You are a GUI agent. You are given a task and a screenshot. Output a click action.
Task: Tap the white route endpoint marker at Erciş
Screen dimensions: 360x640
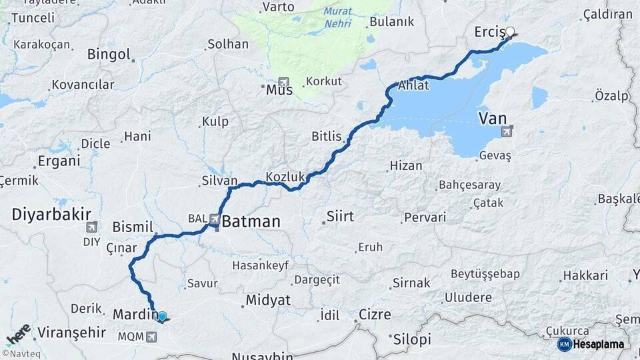point(510,31)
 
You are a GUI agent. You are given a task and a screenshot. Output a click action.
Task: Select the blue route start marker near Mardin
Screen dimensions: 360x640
point(161,316)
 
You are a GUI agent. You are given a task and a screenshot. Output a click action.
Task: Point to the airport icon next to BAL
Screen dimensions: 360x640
point(215,218)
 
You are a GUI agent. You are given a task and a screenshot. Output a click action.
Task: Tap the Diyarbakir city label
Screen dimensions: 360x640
point(51,214)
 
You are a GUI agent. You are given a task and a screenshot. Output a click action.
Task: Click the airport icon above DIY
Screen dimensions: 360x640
point(91,227)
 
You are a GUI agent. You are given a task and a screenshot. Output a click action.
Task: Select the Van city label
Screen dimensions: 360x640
point(493,119)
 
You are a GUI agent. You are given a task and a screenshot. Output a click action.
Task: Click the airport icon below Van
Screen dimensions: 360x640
point(507,131)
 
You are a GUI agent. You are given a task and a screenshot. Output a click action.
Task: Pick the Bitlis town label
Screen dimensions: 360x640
point(327,137)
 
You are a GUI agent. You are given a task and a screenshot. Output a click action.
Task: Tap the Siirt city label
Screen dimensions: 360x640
point(340,217)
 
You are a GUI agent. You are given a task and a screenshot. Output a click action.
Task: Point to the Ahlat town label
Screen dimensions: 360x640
point(413,85)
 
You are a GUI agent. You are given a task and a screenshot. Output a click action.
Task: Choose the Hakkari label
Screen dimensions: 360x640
point(585,275)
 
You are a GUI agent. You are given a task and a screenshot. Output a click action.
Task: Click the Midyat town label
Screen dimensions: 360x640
point(268,300)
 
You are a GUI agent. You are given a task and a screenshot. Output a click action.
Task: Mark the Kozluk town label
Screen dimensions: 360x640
point(285,177)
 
